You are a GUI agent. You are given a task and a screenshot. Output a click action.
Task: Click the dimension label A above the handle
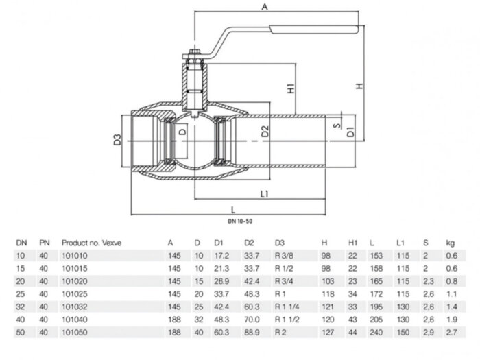(x=264, y=8)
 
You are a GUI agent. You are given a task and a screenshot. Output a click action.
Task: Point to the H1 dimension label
(x=291, y=88)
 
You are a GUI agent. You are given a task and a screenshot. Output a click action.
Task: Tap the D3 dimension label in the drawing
(x=118, y=141)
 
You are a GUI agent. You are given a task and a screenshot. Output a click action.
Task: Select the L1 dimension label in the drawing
(x=265, y=193)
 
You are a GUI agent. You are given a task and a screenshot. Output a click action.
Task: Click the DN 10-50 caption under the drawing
(x=239, y=222)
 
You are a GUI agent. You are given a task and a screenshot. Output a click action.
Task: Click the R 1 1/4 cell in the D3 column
(x=283, y=306)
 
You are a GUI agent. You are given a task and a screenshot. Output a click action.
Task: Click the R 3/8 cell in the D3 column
(x=280, y=255)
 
